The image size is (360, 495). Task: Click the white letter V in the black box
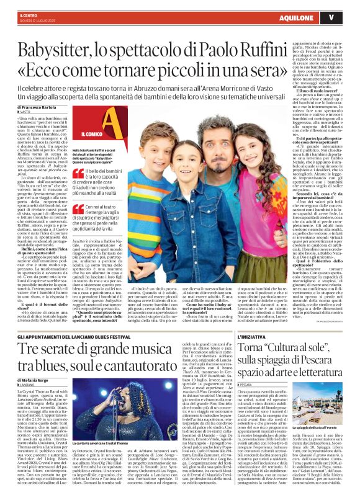349,16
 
